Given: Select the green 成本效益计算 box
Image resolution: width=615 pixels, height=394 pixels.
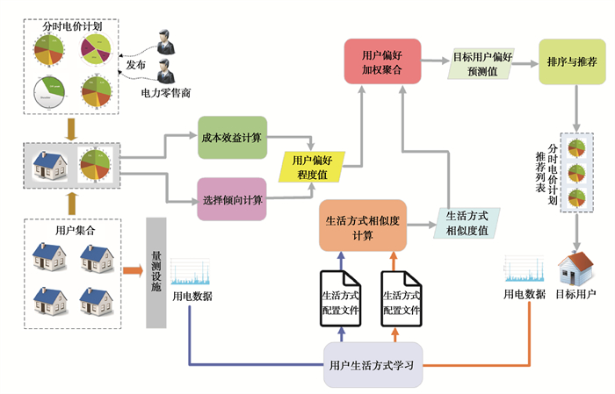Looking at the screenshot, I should [231, 137].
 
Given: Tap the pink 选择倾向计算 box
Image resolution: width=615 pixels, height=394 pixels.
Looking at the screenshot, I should [231, 200].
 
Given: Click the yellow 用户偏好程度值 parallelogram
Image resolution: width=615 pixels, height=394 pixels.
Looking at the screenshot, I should [313, 168].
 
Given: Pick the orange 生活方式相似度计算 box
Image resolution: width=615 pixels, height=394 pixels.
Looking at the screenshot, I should [363, 226].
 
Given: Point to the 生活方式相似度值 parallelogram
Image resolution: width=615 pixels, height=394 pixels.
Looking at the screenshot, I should [467, 223].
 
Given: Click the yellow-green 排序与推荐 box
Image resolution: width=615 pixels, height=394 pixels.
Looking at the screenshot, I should [572, 62].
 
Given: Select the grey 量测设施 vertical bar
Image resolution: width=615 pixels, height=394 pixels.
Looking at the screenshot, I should [156, 272].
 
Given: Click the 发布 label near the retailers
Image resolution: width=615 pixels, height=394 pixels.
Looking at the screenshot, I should [136, 64].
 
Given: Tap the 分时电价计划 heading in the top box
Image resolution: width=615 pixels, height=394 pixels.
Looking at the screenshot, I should [71, 26].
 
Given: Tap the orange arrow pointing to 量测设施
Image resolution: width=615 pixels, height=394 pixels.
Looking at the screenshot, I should [133, 269].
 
